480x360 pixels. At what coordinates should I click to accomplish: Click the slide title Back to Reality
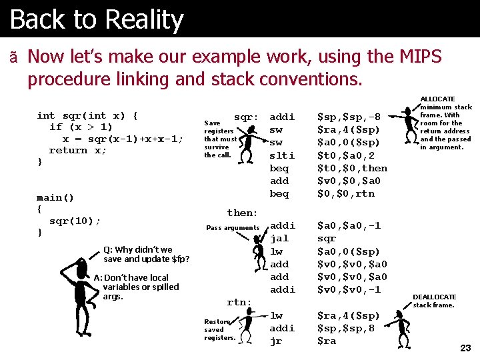tap(97, 19)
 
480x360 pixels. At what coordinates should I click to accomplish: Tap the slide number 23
tap(465, 348)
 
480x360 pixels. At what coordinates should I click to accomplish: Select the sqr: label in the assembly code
tap(246, 117)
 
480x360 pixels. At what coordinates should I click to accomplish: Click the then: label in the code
tap(242, 213)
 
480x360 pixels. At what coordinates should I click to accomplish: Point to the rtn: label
tap(239, 302)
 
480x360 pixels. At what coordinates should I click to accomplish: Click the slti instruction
tap(281, 155)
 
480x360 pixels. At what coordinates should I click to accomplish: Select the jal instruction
tap(279, 239)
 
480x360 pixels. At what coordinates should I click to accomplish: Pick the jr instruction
tap(275, 341)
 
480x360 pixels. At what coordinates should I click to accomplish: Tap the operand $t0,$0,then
tap(351, 168)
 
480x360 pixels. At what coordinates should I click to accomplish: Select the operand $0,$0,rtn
tap(345, 194)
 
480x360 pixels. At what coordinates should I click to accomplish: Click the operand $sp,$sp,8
tap(345, 328)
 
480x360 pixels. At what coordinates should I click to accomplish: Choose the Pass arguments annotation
tap(233, 228)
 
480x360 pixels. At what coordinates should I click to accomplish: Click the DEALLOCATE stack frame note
tap(435, 301)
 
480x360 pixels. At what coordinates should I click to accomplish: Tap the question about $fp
tap(146, 254)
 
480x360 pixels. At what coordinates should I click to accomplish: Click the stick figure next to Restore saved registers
tap(247, 327)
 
